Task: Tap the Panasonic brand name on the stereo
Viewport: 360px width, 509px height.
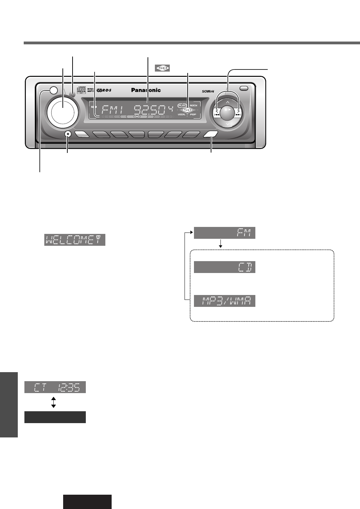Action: (146, 90)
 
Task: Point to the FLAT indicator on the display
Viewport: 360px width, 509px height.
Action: (182, 105)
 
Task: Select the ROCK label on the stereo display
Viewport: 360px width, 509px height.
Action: (194, 105)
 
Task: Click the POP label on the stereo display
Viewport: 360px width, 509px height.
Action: (193, 114)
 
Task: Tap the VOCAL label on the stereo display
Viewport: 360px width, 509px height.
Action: (182, 114)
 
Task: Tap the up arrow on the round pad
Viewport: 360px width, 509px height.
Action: (227, 102)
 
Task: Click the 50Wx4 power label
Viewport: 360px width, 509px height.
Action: (208, 92)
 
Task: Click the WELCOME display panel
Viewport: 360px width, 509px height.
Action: (75, 240)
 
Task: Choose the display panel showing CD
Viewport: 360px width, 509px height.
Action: (224, 267)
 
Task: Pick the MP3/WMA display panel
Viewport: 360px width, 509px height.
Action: (224, 301)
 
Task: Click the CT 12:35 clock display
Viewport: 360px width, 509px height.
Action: (55, 387)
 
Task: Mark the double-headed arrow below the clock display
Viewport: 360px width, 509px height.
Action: (53, 402)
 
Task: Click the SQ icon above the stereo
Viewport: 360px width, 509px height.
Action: (162, 68)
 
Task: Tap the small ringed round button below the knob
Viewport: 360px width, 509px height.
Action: (68, 135)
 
